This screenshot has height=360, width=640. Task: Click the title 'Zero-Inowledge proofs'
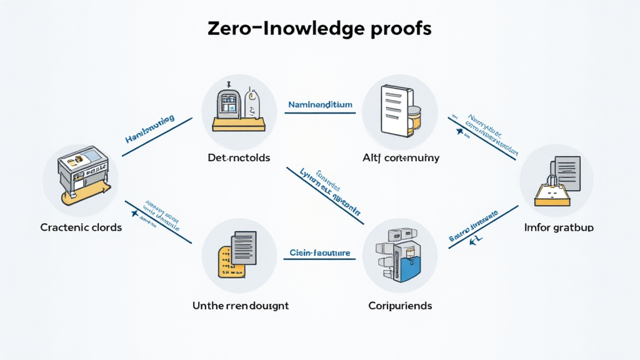319,29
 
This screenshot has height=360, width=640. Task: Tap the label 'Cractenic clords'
81,227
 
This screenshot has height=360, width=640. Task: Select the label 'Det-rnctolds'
239,157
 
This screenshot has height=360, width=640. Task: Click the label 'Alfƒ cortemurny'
401,157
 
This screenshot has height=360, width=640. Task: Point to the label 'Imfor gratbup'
558,227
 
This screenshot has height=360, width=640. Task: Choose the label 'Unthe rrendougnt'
241,306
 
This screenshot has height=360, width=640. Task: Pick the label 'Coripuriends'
400,306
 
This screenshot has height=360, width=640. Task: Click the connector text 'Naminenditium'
320,104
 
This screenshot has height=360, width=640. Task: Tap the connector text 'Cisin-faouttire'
319,252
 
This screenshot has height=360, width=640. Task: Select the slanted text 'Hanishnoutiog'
149,129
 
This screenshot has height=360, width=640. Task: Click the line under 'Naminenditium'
320,113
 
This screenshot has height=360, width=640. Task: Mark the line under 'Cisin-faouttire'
320,260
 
